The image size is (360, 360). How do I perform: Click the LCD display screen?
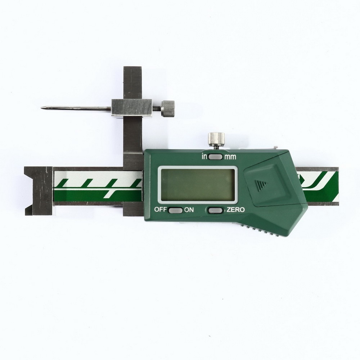198,184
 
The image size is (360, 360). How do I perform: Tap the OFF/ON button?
175,210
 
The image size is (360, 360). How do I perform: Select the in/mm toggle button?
216,157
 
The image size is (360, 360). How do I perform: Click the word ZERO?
235,210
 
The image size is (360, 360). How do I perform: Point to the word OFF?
161,210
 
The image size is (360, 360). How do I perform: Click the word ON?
189,210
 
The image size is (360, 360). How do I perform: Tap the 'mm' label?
230,157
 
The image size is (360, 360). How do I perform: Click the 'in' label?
204,157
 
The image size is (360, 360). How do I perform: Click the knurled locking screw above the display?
216,139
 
